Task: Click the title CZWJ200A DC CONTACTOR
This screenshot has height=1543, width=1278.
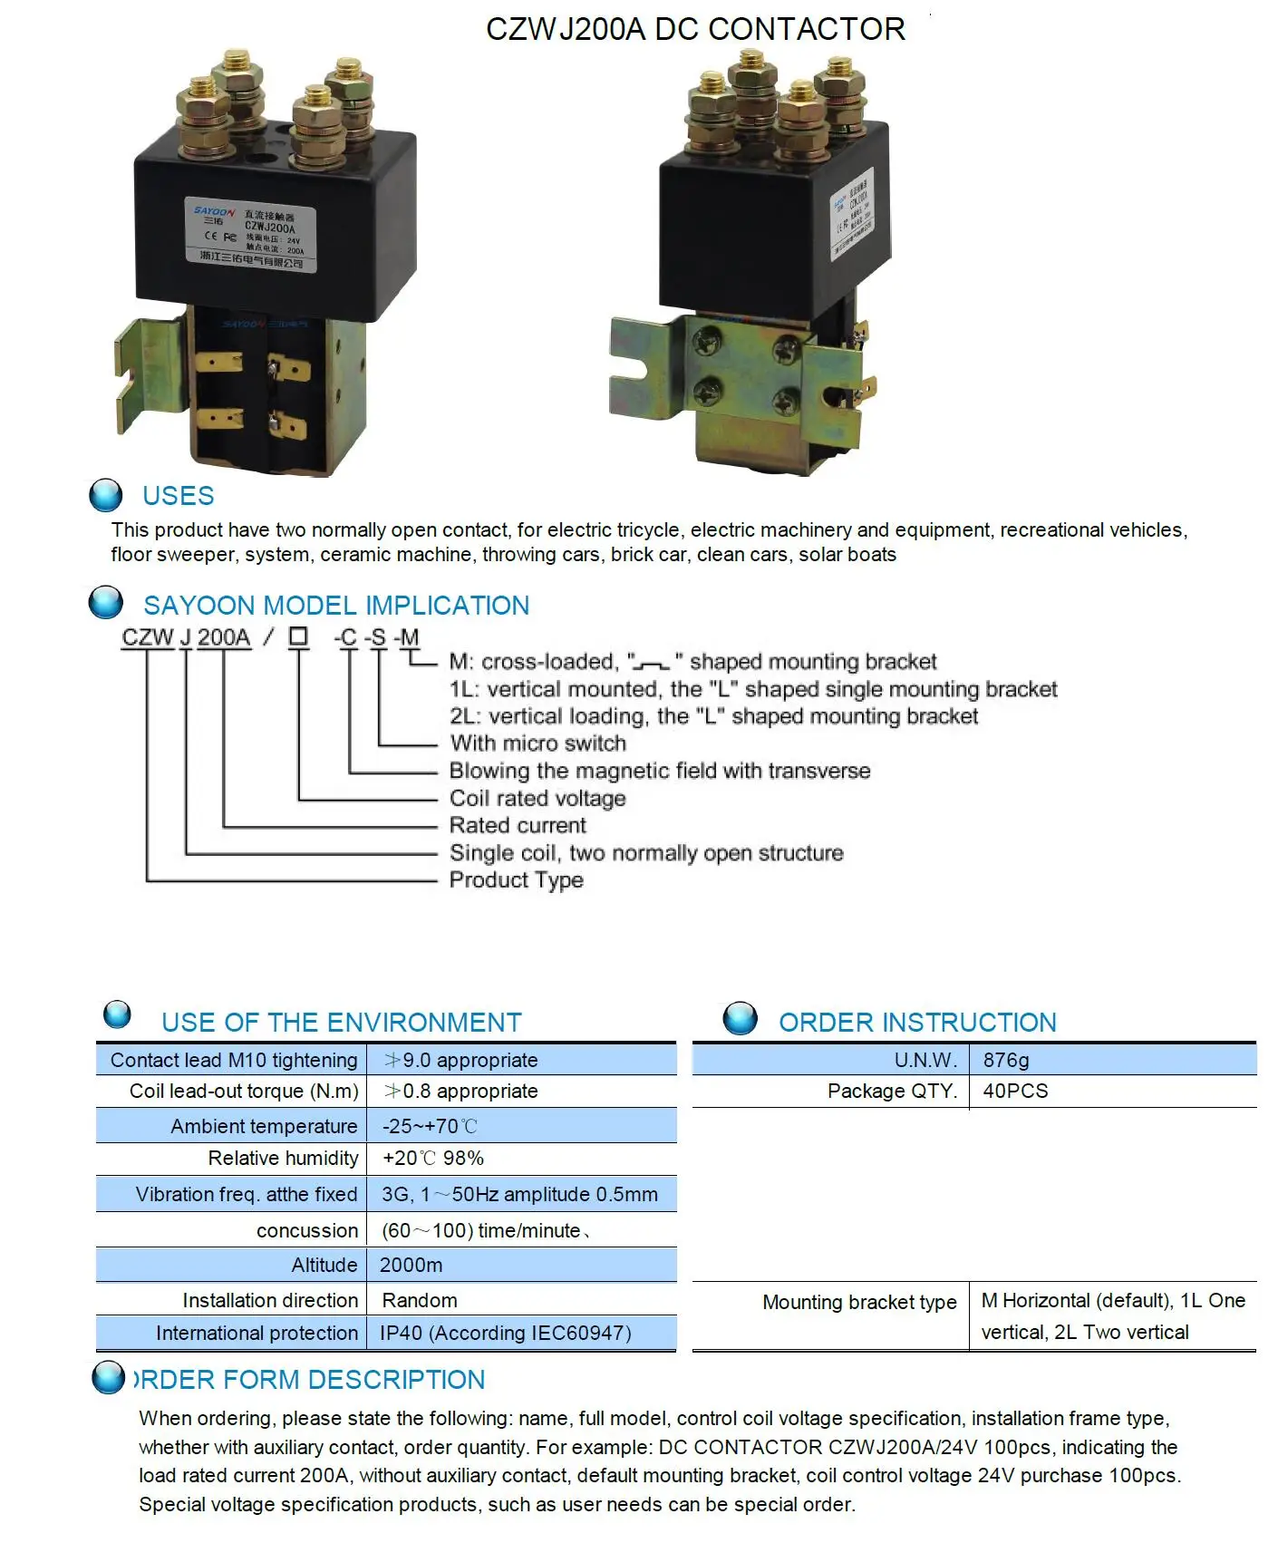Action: (695, 29)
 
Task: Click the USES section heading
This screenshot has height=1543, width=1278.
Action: (178, 496)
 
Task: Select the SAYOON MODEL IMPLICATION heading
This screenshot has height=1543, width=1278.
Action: (335, 606)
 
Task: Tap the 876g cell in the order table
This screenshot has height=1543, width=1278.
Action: (1006, 1060)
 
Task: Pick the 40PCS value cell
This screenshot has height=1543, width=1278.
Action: (1015, 1091)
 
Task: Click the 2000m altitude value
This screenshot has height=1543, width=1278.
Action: (411, 1265)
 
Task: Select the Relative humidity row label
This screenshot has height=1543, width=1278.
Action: (283, 1158)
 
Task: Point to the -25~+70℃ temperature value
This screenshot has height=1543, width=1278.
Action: (430, 1126)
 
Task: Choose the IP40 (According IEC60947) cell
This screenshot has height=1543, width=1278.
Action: (506, 1333)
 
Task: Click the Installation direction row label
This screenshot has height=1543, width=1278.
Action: (270, 1300)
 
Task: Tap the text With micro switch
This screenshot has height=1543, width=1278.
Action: (538, 743)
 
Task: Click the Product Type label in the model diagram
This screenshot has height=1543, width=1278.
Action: (517, 880)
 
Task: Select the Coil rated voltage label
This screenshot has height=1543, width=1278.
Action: (537, 799)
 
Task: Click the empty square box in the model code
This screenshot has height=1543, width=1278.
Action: (298, 636)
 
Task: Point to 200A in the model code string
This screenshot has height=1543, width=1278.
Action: (224, 637)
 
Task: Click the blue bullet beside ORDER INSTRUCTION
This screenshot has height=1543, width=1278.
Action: (741, 1018)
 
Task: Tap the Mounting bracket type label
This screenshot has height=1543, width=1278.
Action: (859, 1302)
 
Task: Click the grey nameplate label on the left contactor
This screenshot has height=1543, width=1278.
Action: (251, 234)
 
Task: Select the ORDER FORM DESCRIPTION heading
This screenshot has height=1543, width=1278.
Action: (309, 1380)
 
